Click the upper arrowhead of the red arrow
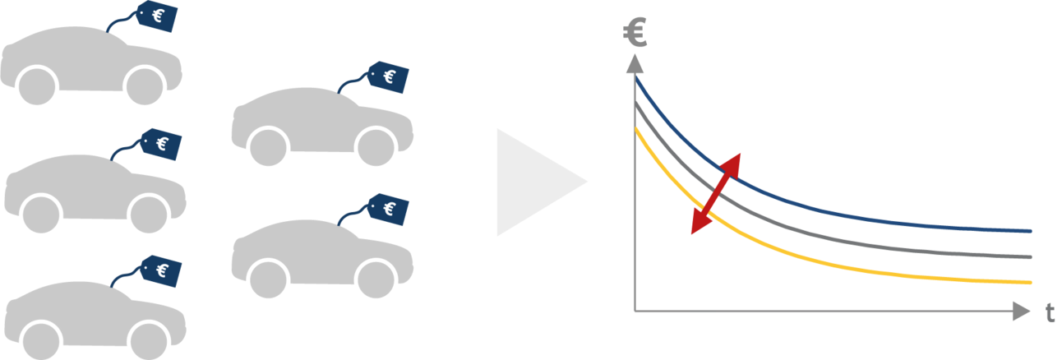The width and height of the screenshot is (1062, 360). coord(732,165)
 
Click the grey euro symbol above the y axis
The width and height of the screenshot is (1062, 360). coord(635,32)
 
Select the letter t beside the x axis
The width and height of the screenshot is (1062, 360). coord(1050,313)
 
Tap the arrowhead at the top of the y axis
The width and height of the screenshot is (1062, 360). coord(635,64)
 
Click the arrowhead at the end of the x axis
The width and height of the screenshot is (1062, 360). coord(1021,312)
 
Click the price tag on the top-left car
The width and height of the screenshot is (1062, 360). coord(157,16)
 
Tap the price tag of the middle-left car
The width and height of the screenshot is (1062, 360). coord(161,144)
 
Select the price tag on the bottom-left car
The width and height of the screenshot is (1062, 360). coord(161,271)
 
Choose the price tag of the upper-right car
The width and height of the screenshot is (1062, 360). coord(388,76)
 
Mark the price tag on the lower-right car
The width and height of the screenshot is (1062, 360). coord(388,209)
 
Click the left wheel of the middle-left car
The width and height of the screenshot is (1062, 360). coord(42,215)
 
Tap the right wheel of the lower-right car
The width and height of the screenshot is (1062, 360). coord(376,280)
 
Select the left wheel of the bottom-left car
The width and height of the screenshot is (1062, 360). coord(42,342)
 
